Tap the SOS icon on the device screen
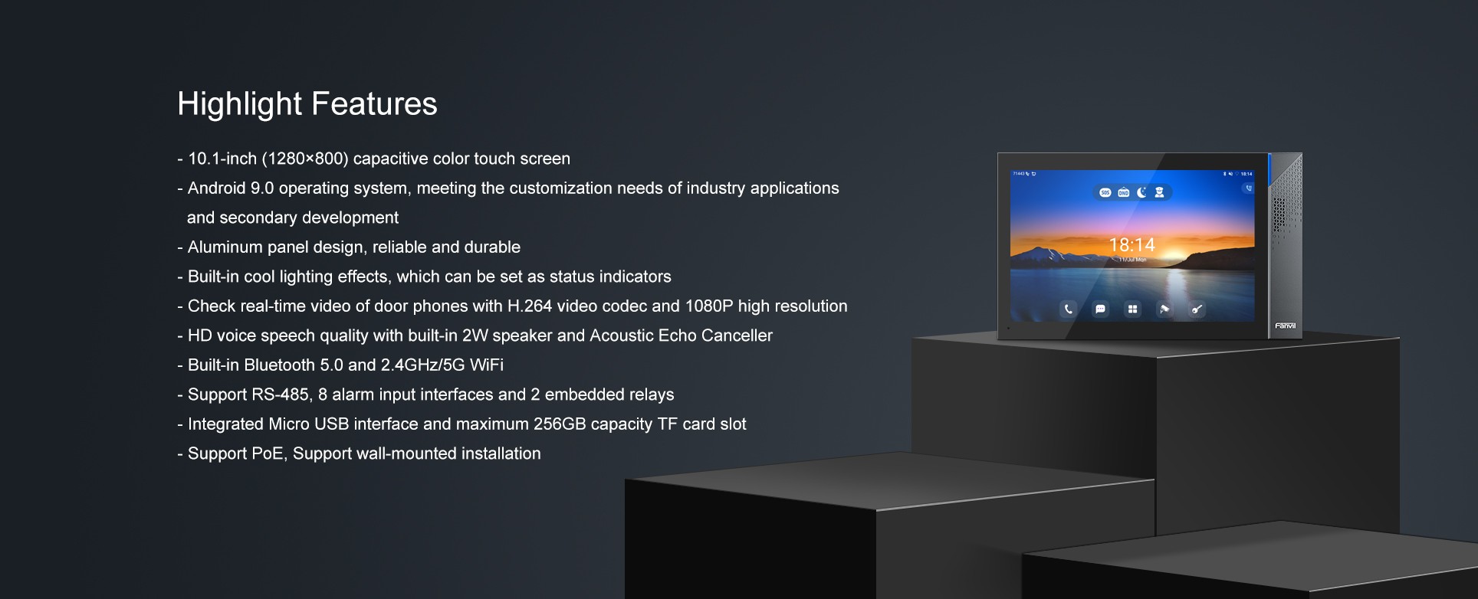tap(1105, 193)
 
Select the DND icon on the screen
tap(1123, 193)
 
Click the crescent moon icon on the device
tap(1141, 193)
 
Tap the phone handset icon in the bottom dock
tap(1068, 309)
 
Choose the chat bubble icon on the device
tap(1100, 309)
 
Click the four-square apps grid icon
tap(1132, 309)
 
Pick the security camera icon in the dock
tap(1164, 309)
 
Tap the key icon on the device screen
tap(1197, 309)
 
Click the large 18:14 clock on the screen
tap(1131, 245)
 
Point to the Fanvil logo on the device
tap(1286, 326)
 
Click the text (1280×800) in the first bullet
tap(305, 159)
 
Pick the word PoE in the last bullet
tap(268, 453)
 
